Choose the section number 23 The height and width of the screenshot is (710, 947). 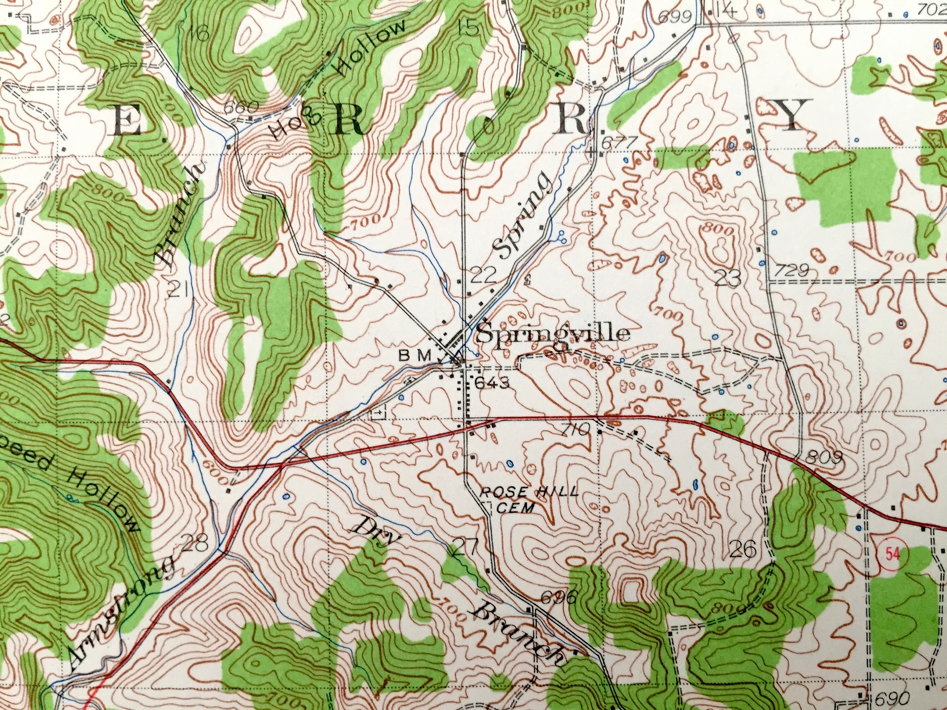coord(728,279)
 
